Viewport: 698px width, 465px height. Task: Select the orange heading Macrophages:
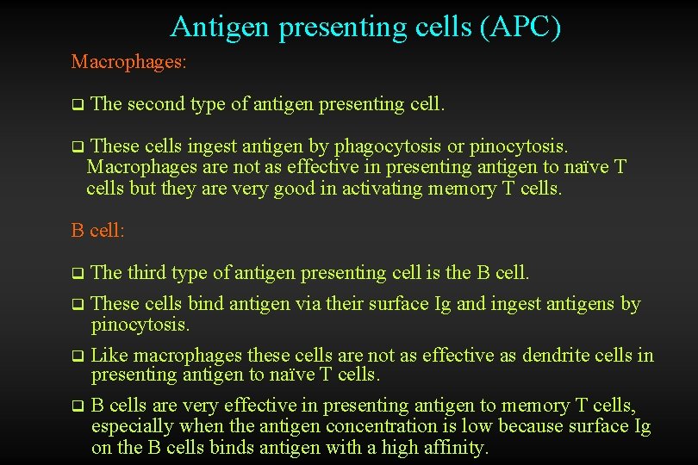tap(129, 62)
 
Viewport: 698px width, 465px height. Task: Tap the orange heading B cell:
tap(98, 231)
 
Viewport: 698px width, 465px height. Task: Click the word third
tap(146, 273)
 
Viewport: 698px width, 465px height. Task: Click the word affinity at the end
tap(454, 447)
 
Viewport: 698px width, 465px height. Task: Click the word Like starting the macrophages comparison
tap(109, 355)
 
